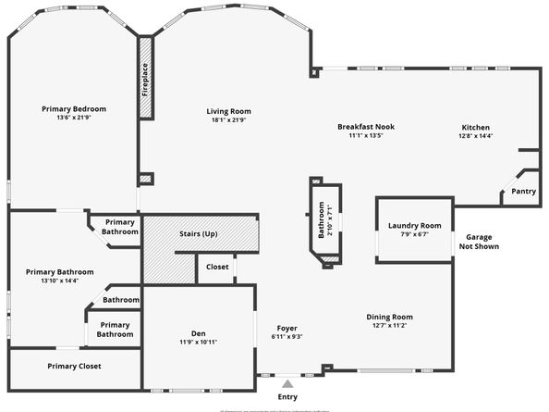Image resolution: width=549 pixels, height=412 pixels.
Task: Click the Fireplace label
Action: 145,80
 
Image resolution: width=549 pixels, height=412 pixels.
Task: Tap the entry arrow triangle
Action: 288,382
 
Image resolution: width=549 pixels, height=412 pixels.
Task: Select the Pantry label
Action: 523,192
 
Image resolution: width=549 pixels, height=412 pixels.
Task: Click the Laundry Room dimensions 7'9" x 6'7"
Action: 414,235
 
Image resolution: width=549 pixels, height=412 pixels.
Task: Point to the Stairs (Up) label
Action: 198,233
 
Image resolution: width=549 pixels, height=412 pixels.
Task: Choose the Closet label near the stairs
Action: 217,267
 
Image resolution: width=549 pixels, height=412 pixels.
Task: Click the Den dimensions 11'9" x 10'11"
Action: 198,342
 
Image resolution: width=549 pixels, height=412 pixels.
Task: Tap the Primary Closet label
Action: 74,366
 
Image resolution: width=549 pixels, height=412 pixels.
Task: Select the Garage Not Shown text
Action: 480,242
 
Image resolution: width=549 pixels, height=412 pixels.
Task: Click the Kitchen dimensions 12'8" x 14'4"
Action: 476,136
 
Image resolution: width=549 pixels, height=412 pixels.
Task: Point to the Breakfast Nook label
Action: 366,126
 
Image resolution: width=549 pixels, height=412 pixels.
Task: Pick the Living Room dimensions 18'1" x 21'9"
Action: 228,120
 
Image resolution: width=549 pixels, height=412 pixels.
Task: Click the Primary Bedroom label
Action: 73,108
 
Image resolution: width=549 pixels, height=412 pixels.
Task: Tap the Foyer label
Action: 288,328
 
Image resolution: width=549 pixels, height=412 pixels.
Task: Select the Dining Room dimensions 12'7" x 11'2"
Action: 389,325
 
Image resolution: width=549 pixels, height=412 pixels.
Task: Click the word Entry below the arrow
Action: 288,397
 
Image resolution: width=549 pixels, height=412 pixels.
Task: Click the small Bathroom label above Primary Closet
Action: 121,300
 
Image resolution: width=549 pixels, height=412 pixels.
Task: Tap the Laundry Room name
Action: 414,226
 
